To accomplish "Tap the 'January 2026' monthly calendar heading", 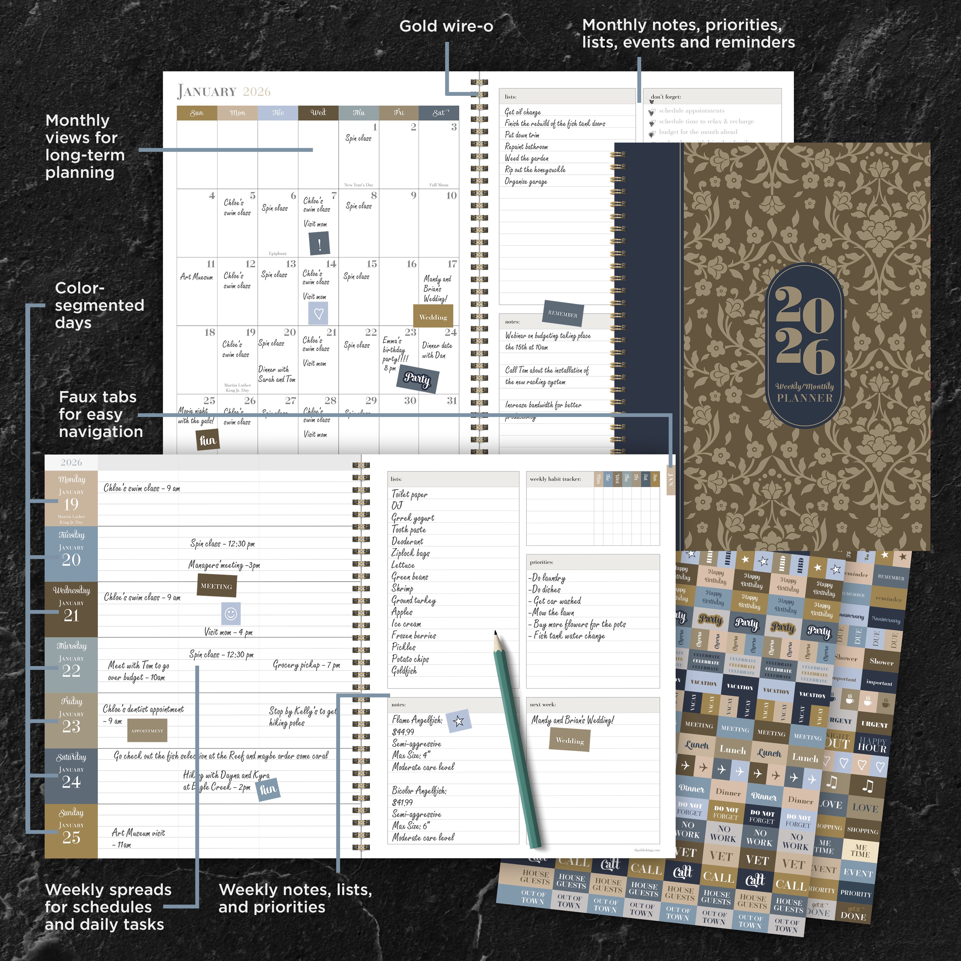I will click(x=224, y=92).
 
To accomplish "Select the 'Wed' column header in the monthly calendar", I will click(x=318, y=113).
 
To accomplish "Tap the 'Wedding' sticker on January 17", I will click(x=433, y=317).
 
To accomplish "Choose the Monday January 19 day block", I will click(x=71, y=498).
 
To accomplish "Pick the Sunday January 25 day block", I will click(x=71, y=831).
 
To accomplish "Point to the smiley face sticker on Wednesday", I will click(x=231, y=613).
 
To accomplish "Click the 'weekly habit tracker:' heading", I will click(x=555, y=479).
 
